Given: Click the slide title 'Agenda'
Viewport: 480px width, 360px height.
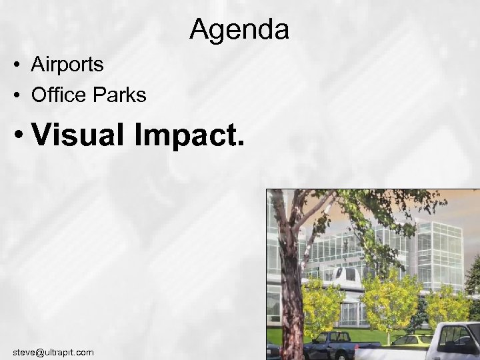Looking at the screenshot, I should pos(239,29).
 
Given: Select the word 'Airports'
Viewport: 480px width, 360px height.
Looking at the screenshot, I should pos(67,65).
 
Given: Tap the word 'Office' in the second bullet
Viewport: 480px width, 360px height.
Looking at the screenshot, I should pos(59,95).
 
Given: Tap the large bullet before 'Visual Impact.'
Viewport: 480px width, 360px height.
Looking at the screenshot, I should pos(21,137).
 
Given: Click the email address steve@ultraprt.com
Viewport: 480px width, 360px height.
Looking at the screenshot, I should pos(53,351).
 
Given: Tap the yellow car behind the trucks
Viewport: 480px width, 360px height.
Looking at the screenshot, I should pos(411,341).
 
